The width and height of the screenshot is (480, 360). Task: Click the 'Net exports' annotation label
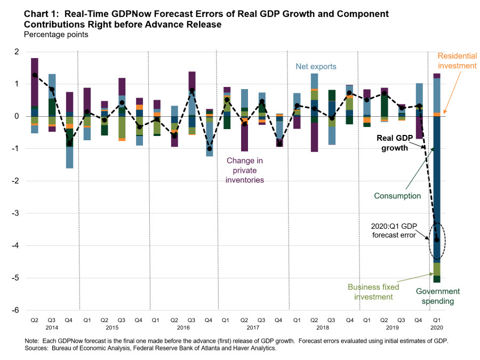[x=316, y=67]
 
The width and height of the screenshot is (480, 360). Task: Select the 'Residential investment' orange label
[x=457, y=61]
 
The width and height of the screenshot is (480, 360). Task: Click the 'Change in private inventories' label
[x=245, y=170]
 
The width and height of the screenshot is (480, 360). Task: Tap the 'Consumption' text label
[x=398, y=196]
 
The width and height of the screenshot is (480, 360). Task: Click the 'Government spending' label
[x=437, y=297]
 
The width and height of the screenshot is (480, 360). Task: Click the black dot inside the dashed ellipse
[x=437, y=240]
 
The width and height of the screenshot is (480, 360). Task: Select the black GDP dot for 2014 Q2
[x=35, y=75]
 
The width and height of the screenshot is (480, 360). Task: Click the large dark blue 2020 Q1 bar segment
[x=437, y=187]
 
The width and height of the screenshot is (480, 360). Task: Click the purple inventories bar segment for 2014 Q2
[x=35, y=80]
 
